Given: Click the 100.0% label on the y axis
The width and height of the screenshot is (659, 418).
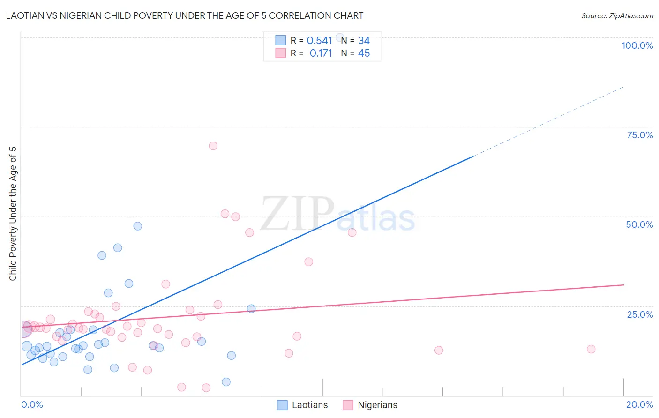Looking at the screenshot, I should point(637,45).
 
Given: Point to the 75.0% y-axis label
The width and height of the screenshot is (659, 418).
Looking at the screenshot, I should point(640,135).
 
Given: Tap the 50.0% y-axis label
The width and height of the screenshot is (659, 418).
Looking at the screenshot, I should point(639,224).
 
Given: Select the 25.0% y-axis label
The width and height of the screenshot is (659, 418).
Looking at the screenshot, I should point(640,314).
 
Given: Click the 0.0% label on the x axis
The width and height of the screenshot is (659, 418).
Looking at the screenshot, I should point(32,404).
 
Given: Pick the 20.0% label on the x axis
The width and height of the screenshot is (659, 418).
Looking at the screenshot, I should point(639,404).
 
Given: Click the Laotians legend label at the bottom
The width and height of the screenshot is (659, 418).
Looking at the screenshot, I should point(309,405).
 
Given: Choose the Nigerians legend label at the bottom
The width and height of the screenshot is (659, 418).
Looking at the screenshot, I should point(377,405).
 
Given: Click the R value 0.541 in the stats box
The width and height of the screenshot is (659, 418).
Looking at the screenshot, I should point(319,41).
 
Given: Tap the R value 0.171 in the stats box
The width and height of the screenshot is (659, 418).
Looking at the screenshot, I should point(321,53).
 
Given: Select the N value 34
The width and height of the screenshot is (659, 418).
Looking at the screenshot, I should point(364,41).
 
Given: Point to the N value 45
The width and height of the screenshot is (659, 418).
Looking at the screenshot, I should point(364,53).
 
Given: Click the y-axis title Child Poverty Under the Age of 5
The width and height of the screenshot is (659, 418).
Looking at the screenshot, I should point(13,214).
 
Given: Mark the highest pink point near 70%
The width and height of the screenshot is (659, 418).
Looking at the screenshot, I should point(213,146).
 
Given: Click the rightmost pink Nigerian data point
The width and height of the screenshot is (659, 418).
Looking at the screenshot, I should point(591,349).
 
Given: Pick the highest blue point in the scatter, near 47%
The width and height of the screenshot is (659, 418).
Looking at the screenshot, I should point(137,226).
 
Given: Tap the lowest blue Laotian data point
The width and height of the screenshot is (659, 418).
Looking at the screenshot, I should point(226,382).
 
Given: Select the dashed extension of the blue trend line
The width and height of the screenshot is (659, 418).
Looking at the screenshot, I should point(548,121).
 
